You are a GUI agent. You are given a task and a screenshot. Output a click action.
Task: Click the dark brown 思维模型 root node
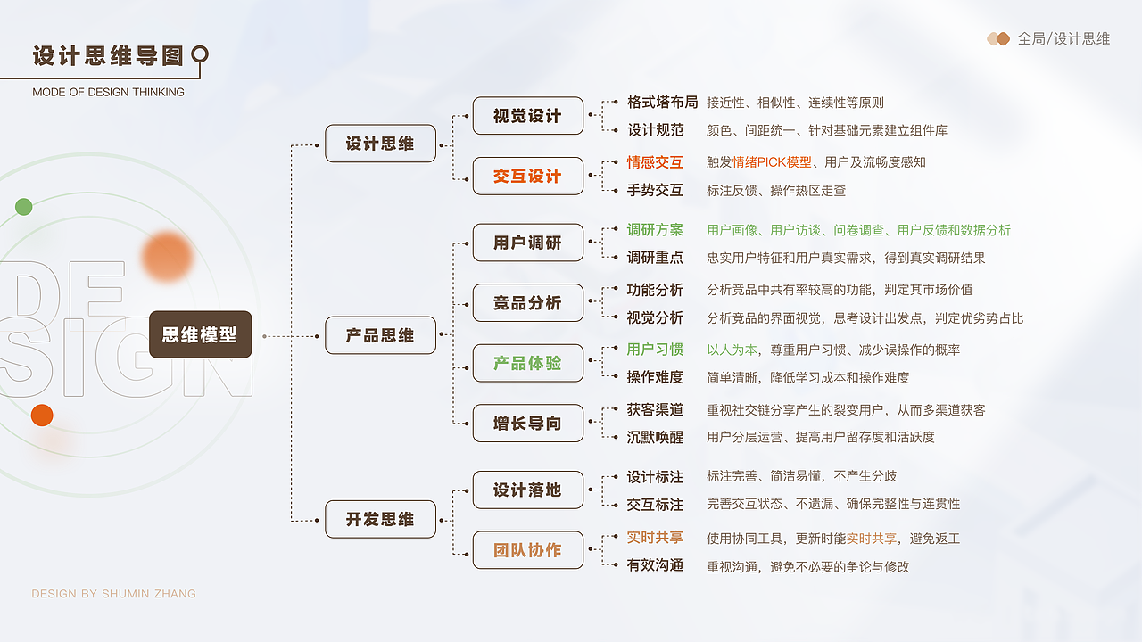[x=200, y=334]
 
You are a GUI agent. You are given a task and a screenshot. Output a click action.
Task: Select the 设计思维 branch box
[x=380, y=144]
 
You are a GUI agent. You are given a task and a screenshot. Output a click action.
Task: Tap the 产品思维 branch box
[x=380, y=335]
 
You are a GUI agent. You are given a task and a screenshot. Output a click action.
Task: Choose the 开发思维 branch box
[x=380, y=519]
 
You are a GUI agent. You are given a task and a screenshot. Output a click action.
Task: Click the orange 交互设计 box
[x=527, y=176]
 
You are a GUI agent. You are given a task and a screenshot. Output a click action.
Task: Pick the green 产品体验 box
[x=527, y=363]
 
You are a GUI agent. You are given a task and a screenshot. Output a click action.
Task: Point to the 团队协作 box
[x=527, y=550]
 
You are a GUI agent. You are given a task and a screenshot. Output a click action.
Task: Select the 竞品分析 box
[x=527, y=302]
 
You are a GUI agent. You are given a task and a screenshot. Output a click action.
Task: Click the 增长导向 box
[x=527, y=424]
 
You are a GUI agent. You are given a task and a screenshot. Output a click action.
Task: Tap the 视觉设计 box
[x=527, y=116]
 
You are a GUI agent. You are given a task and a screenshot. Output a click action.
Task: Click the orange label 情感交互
[x=655, y=162]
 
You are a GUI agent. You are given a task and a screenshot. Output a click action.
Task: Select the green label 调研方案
[x=655, y=230]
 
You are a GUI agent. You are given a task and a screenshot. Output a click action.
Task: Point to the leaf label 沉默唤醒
[x=655, y=437]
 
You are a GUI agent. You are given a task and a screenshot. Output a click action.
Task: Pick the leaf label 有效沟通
[x=655, y=565]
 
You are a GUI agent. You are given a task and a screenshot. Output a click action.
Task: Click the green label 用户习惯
[x=655, y=350]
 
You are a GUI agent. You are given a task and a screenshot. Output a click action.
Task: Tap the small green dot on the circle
[x=24, y=207]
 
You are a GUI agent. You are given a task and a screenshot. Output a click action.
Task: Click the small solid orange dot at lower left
[x=42, y=415]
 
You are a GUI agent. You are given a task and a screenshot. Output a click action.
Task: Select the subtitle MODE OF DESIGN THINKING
[x=108, y=92]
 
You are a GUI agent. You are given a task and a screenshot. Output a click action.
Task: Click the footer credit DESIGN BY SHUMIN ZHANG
[x=113, y=594]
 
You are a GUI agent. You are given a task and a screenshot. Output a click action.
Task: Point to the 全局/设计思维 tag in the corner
[x=1063, y=39]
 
